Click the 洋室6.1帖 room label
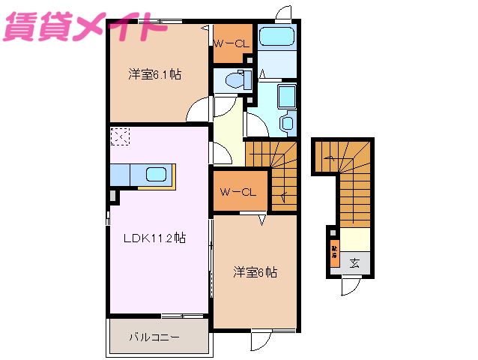(x=154, y=74)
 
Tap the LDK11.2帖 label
(x=154, y=238)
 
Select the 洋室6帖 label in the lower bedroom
(x=255, y=272)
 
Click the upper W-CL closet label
(x=230, y=43)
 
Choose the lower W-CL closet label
(x=238, y=192)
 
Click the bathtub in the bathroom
(x=276, y=40)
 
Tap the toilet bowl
(x=235, y=79)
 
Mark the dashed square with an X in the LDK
(x=120, y=136)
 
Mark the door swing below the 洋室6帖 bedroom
(x=263, y=341)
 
